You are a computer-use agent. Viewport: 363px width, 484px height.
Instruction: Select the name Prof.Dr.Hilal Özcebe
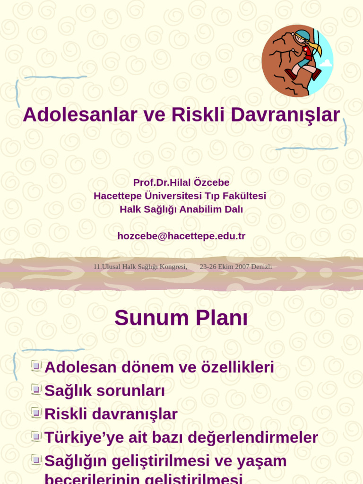pos(181,182)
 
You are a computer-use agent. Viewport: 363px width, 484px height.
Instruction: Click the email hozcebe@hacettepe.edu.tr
pos(181,236)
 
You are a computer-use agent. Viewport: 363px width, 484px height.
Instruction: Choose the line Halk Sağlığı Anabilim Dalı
pos(181,209)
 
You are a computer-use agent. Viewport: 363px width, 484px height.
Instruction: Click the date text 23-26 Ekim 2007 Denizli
pos(235,267)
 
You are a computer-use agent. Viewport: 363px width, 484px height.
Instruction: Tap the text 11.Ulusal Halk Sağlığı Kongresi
pos(140,267)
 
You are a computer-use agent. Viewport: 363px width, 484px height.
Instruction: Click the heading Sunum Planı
pos(181,318)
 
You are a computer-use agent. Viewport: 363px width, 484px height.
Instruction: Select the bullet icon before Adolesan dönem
pos(36,366)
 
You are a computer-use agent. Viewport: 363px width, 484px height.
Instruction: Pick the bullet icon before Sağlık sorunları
pos(36,389)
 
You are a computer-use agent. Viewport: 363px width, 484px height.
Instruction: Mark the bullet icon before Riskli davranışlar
pos(36,412)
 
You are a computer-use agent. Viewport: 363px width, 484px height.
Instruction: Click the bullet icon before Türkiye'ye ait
pos(36,436)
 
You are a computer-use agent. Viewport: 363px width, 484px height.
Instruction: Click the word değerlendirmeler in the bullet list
pos(253,438)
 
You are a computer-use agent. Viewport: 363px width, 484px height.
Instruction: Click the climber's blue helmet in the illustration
pos(302,36)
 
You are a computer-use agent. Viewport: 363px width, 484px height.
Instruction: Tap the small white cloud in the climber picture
pos(326,63)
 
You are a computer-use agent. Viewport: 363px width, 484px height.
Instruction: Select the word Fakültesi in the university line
pos(242,196)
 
